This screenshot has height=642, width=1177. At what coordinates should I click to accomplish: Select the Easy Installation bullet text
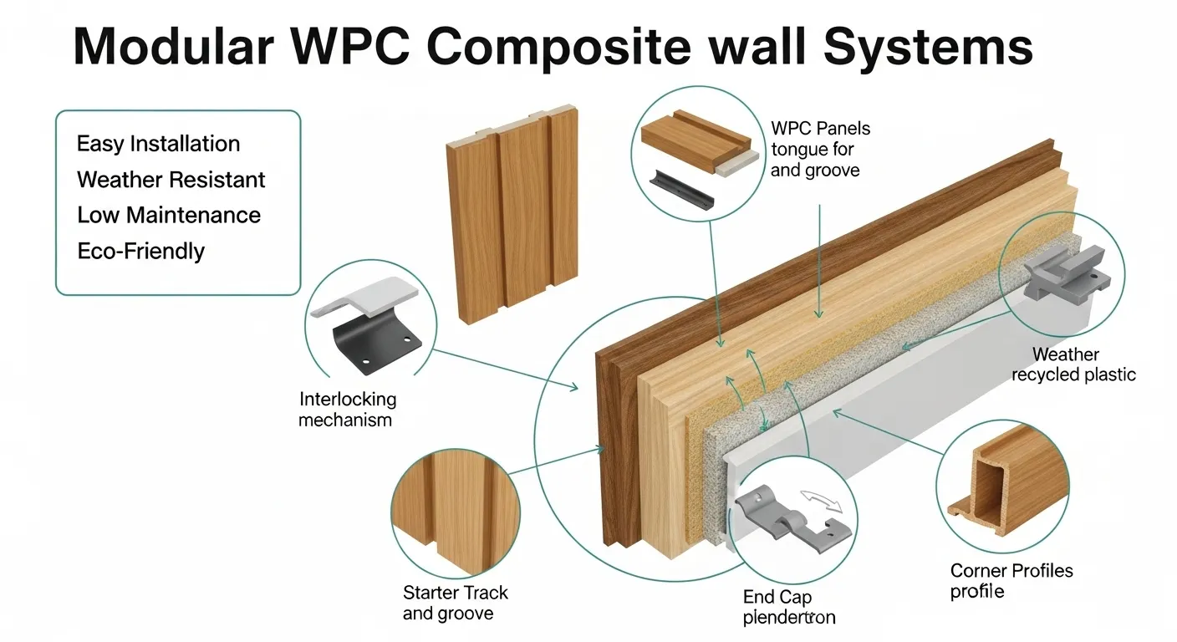pyautogui.click(x=158, y=144)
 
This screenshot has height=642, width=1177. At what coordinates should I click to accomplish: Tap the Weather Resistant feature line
pyautogui.click(x=171, y=180)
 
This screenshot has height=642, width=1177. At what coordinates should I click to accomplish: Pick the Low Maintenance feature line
pyautogui.click(x=169, y=215)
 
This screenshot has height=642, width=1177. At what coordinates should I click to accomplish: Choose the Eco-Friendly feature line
pyautogui.click(x=140, y=251)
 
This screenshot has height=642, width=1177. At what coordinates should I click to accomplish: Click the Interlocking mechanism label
pyautogui.click(x=347, y=410)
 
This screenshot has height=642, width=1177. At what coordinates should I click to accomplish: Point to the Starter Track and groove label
pyautogui.click(x=455, y=603)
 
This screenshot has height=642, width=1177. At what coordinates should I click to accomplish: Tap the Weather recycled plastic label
pyautogui.click(x=1073, y=365)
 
